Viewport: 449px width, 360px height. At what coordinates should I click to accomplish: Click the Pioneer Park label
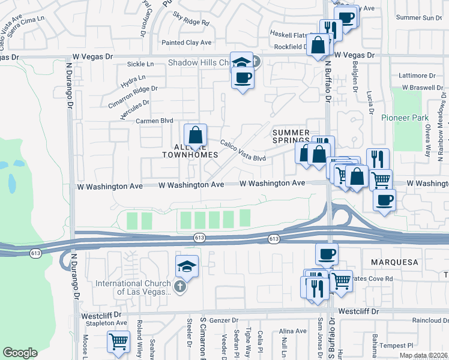click(405, 118)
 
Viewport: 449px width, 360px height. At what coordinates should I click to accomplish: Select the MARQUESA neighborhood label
click(394, 262)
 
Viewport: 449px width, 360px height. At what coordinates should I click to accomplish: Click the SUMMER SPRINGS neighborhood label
click(291, 136)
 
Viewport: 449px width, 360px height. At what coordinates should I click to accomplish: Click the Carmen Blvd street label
click(142, 121)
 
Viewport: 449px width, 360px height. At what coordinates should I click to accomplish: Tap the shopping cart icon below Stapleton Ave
click(119, 341)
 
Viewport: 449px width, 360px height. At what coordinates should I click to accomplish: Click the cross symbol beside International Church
click(179, 287)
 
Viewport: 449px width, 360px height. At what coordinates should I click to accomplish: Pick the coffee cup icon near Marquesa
click(327, 254)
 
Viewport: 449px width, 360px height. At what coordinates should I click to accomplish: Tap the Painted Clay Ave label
click(187, 43)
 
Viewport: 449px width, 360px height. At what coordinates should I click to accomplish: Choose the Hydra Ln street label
click(133, 79)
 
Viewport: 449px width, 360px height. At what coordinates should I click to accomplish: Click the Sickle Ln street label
click(140, 64)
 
